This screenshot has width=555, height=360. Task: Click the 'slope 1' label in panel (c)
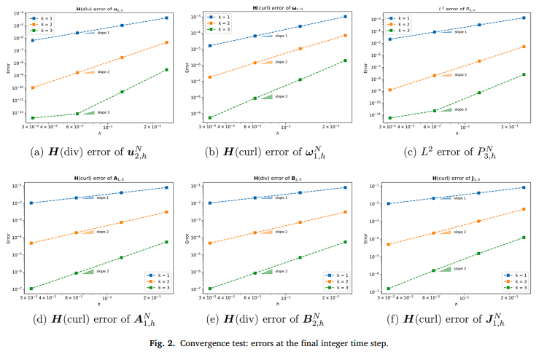pyautogui.click(x=459, y=32)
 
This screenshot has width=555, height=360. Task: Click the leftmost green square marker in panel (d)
pyautogui.click(x=31, y=289)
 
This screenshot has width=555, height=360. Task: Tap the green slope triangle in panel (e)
pyautogui.click(x=267, y=271)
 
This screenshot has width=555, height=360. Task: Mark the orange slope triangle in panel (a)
pyautogui.click(x=89, y=71)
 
